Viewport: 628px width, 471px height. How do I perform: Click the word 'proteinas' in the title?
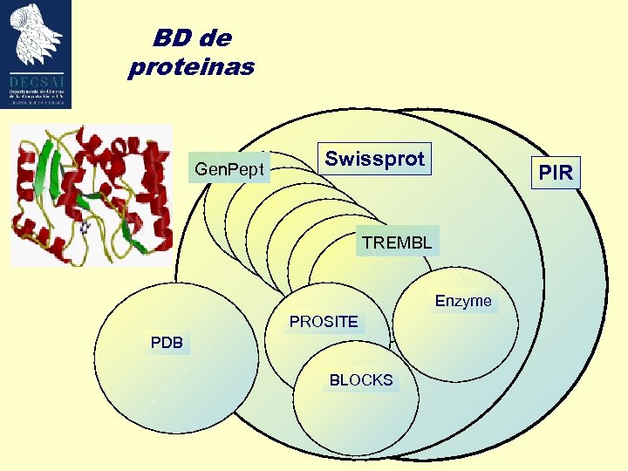(191, 67)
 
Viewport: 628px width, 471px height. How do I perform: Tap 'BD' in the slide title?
(172, 38)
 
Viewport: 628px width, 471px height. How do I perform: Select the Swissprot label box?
(374, 160)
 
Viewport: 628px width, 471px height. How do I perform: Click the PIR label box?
(556, 173)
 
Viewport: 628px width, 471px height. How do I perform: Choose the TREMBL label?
(397, 242)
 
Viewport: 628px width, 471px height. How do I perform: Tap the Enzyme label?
(463, 301)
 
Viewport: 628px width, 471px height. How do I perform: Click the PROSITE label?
(324, 322)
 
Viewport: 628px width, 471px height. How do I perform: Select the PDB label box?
(167, 343)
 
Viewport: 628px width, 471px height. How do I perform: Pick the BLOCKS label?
(361, 380)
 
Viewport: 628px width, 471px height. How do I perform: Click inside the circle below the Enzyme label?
(454, 349)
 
